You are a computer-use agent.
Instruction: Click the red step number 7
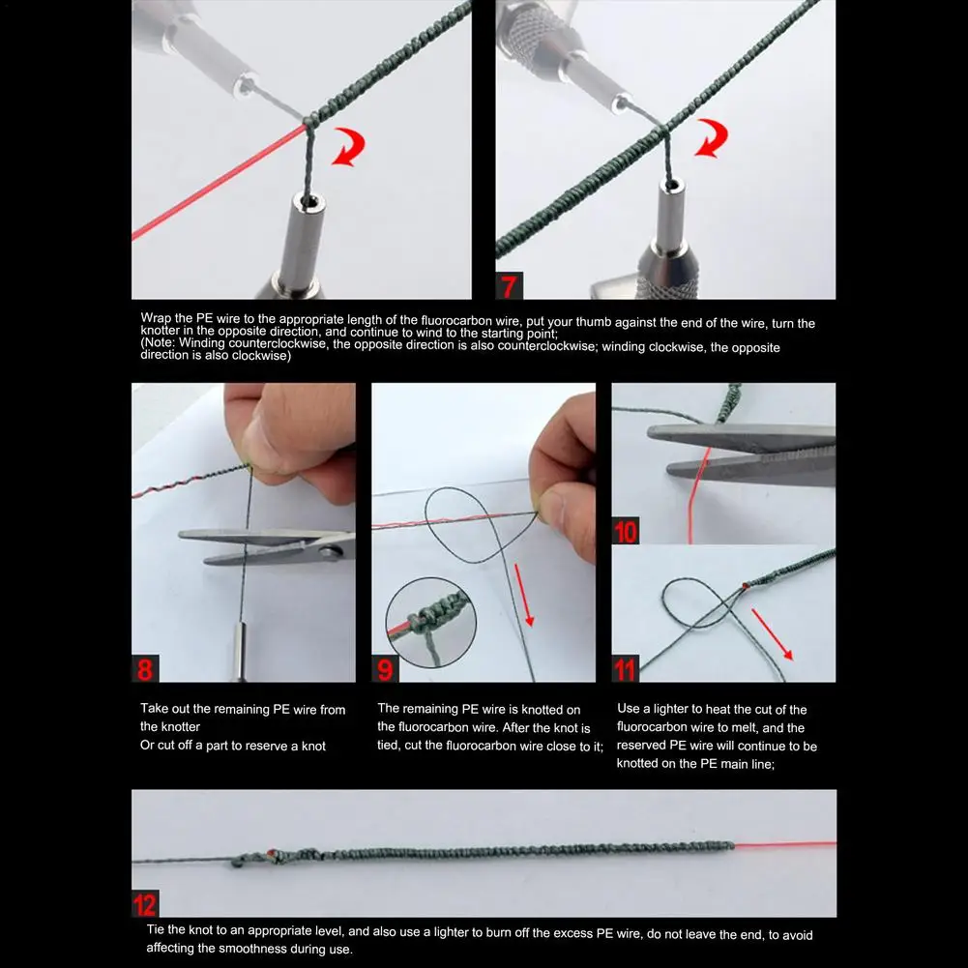coord(509,286)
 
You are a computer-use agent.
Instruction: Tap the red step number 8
coord(145,669)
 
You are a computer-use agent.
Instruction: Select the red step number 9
coord(385,669)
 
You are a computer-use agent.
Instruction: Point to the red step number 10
coord(626,532)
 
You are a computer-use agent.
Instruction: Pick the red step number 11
coord(625,669)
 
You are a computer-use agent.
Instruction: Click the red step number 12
coord(145,904)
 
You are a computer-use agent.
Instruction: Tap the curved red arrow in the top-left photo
coord(349,147)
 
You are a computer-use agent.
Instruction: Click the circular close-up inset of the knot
coord(431,623)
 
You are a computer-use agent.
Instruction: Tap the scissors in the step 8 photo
coord(267,545)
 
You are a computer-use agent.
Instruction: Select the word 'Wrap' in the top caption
coord(157,318)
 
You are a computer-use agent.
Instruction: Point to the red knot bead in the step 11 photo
coord(746,585)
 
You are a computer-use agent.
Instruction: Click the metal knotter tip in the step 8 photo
coord(239,653)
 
